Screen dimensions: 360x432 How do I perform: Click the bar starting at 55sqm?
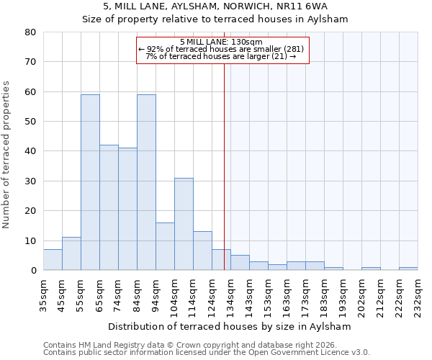[x=90, y=182]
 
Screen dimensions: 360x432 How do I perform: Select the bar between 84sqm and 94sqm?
[x=146, y=182]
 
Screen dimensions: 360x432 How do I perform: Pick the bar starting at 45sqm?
[x=71, y=253]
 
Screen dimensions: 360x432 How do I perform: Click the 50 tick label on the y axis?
[x=30, y=122]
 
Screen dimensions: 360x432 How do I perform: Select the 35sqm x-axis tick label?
[x=43, y=294]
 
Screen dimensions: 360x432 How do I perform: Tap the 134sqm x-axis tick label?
[x=230, y=294]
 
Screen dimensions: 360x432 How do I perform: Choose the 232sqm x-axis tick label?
[x=418, y=294]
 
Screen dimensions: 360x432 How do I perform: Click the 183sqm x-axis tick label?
[x=324, y=294]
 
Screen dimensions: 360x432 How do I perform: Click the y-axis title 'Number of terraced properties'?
[x=6, y=155]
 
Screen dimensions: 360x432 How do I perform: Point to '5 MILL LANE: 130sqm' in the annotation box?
[x=222, y=42]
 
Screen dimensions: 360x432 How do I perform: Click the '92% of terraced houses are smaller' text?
[x=222, y=49]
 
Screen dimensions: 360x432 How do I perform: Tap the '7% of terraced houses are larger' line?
[x=222, y=56]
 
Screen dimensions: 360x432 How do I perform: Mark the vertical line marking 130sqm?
[x=224, y=166]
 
